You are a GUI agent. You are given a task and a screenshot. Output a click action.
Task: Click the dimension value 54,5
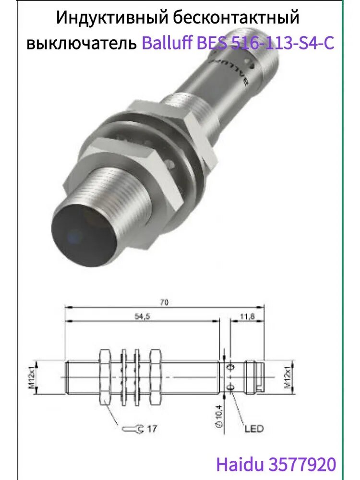click(140, 317)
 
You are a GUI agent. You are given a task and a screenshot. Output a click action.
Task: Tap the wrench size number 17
click(151, 429)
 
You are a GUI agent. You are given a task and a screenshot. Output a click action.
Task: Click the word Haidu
click(240, 464)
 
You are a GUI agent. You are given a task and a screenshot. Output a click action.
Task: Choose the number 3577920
click(303, 464)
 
